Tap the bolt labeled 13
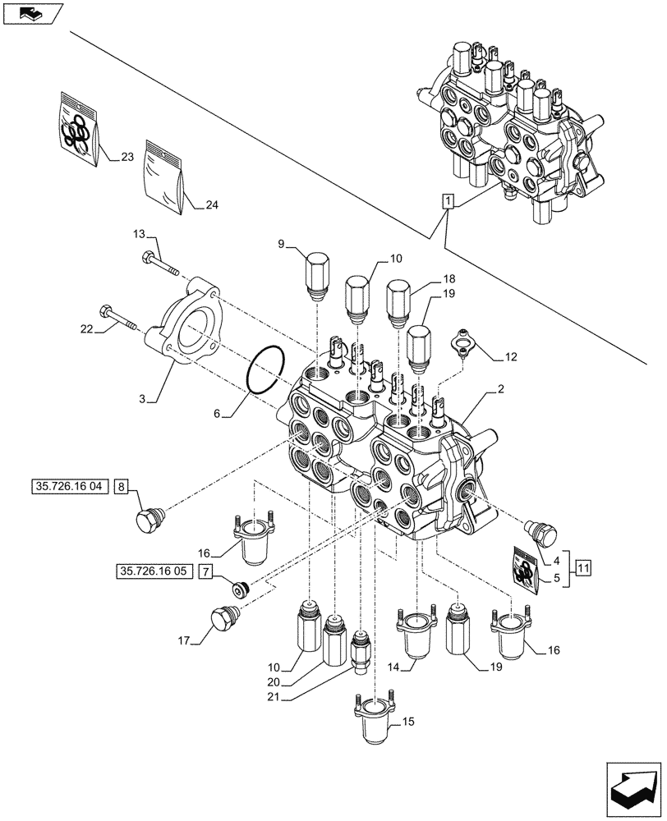161,262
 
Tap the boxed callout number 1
446,200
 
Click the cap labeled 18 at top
398,297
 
